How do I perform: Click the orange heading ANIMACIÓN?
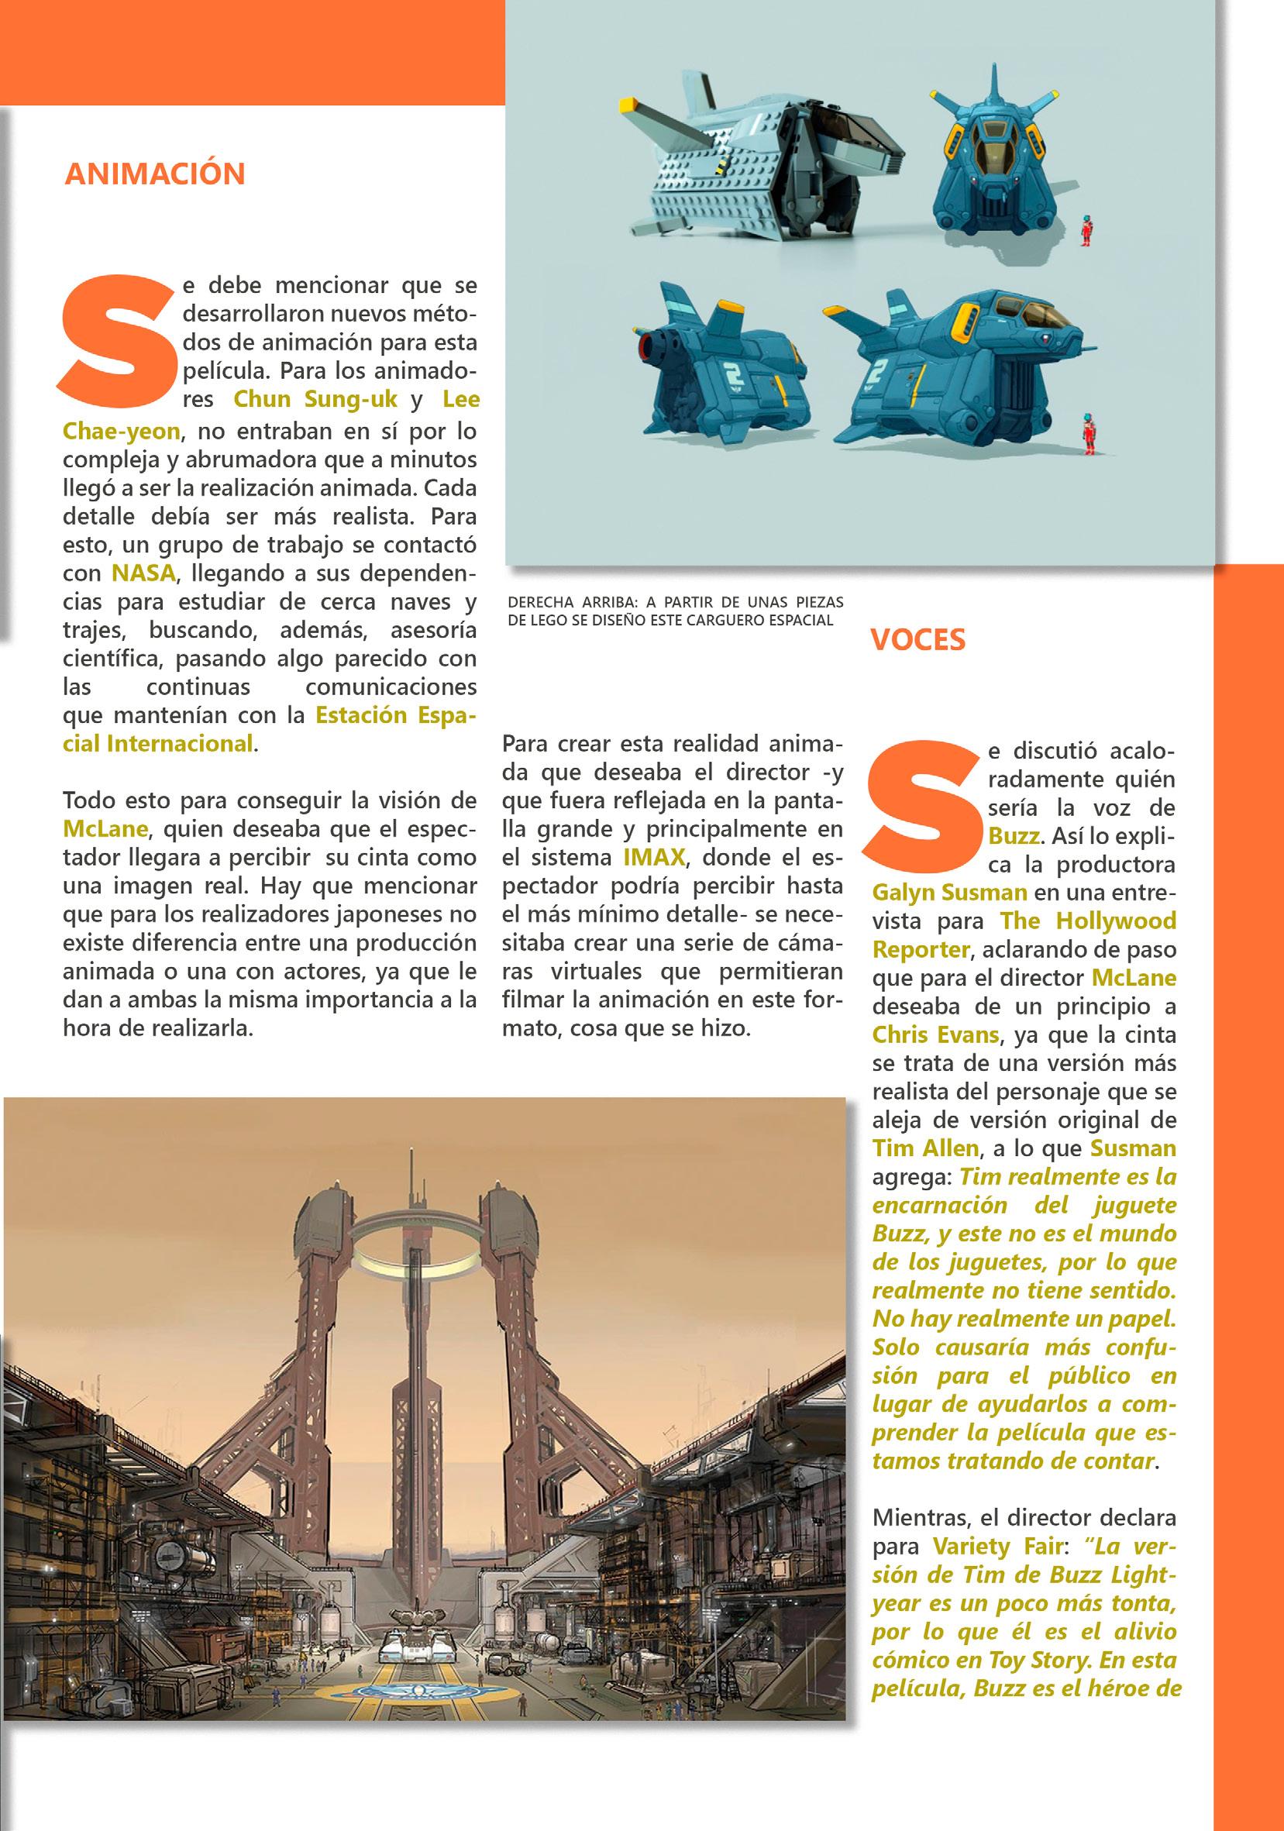point(155,174)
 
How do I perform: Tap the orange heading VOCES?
point(917,639)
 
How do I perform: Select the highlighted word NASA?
point(143,573)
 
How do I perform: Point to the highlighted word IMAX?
point(654,857)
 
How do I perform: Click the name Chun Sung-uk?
point(315,399)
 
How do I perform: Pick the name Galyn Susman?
point(949,893)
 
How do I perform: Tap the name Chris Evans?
point(935,1035)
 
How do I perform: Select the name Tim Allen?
point(925,1148)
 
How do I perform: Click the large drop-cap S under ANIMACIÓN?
point(118,339)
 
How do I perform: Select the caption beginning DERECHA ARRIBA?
point(675,611)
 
